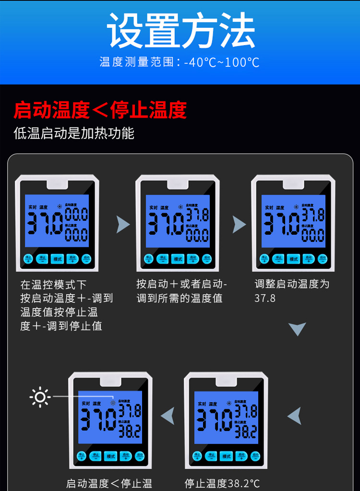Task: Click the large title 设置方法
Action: click(x=180, y=30)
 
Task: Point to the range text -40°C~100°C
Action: click(x=221, y=62)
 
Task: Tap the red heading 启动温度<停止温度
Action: click(x=100, y=110)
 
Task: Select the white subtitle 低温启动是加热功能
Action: click(x=74, y=133)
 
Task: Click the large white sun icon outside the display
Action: click(x=40, y=397)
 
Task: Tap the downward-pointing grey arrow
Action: click(x=297, y=329)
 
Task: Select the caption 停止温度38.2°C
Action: click(x=222, y=483)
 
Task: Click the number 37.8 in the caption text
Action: click(x=265, y=298)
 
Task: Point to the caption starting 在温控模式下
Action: click(x=67, y=305)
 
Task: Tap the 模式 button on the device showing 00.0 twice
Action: click(x=57, y=259)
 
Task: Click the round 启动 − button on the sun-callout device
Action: click(x=140, y=455)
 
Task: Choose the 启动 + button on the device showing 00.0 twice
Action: click(x=72, y=259)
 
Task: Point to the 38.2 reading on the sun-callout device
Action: click(x=130, y=431)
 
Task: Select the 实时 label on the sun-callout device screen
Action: click(x=86, y=404)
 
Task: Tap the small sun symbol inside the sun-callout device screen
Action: click(x=113, y=403)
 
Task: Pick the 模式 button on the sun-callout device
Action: click(x=110, y=456)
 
